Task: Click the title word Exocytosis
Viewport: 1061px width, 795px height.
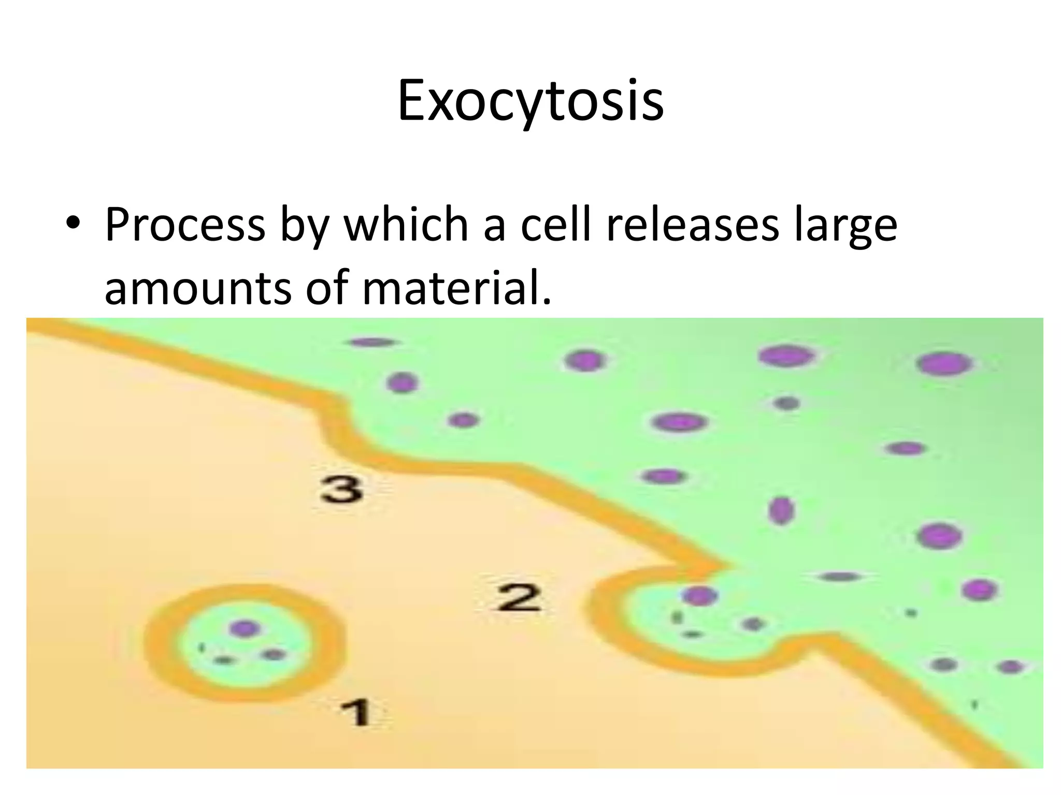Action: click(x=530, y=100)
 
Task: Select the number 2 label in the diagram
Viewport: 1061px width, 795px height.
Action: click(x=519, y=597)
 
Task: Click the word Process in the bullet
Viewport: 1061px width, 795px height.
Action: click(x=185, y=226)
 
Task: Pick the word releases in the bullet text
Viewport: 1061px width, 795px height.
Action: click(x=692, y=226)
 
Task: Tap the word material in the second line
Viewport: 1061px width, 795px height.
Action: click(x=456, y=288)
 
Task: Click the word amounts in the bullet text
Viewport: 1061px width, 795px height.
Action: click(x=198, y=288)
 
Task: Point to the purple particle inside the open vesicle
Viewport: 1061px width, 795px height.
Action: click(x=699, y=596)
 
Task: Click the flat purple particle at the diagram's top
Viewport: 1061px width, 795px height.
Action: click(x=372, y=342)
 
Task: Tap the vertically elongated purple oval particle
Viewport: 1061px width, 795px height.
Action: click(x=781, y=510)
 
